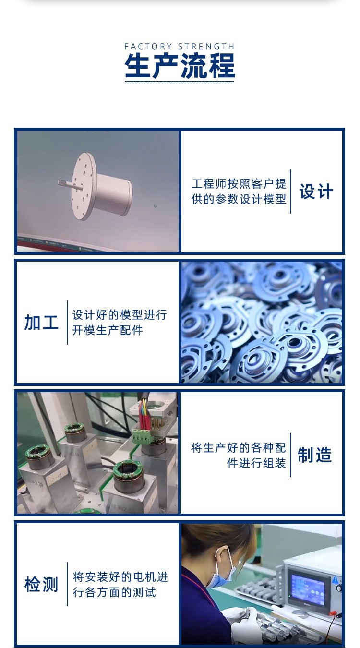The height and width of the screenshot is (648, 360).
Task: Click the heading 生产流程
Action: [180, 66]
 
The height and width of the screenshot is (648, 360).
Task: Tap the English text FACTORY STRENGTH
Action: [180, 47]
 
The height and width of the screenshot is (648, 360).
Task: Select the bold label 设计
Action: [316, 192]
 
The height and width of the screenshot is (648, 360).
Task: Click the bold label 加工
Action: [41, 323]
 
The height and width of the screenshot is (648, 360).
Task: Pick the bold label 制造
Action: [315, 455]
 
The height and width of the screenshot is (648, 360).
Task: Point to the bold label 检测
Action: [41, 585]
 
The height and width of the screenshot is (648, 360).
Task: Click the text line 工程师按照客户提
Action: [239, 183]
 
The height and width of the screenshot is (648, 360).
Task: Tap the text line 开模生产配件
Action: [108, 331]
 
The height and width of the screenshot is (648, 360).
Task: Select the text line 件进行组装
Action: [256, 463]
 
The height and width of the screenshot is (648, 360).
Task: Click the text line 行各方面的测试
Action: [114, 592]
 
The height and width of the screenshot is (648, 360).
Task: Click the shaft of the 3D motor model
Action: [65, 183]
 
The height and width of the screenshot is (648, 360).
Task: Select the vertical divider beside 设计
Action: [290, 192]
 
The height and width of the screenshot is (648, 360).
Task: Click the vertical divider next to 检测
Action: [67, 584]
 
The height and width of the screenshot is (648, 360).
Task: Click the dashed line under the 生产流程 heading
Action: [180, 83]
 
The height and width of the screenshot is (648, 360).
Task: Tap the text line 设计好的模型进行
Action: [120, 315]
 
